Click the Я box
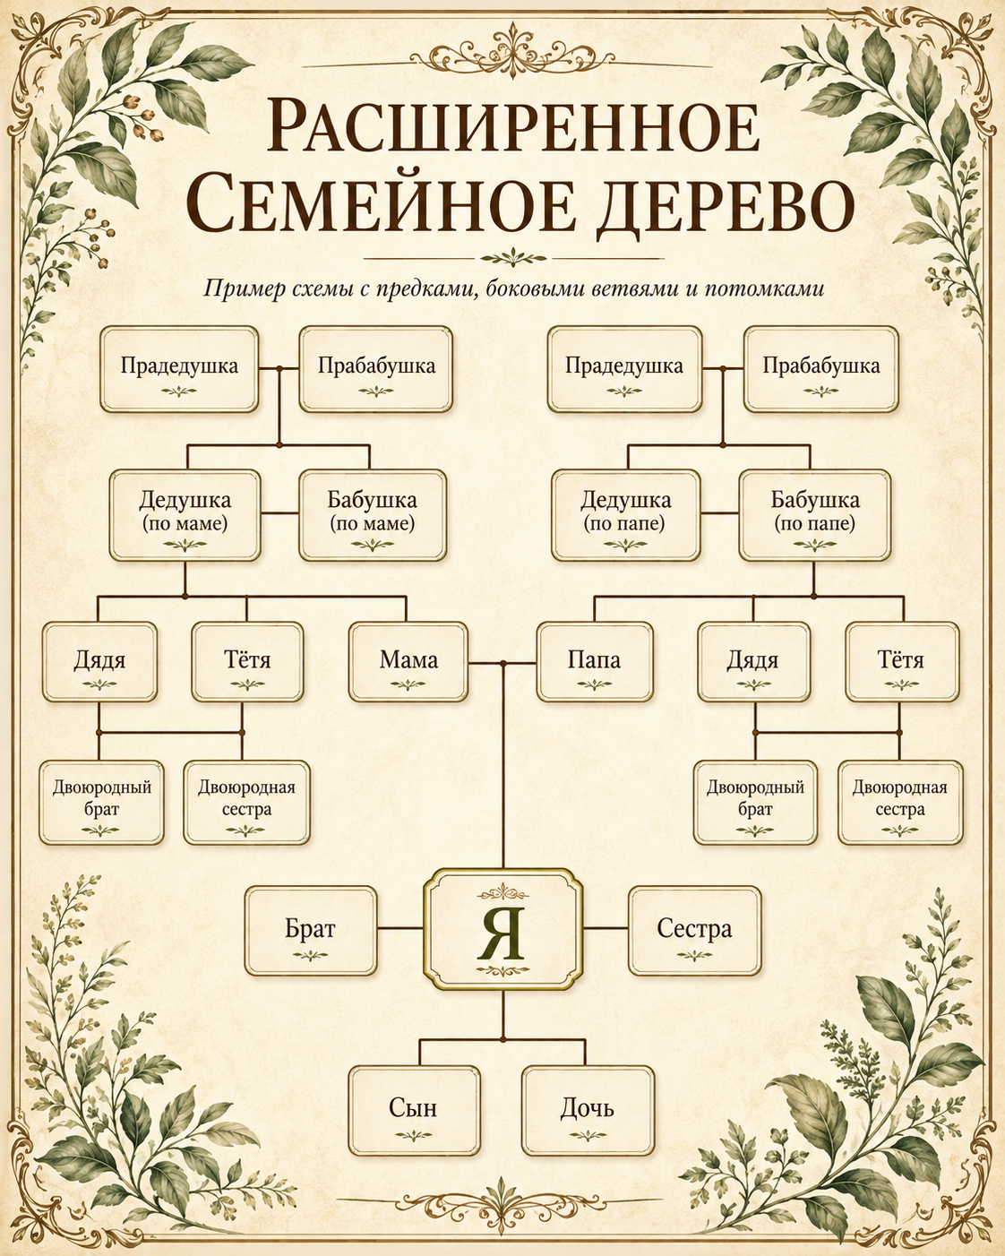coord(503,929)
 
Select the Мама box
coord(408,661)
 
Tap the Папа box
coord(595,661)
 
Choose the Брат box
coord(311,930)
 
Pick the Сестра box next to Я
coord(694,930)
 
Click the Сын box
coord(415,1111)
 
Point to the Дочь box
coord(588,1111)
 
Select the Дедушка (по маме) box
coord(185,515)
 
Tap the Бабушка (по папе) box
coord(815,515)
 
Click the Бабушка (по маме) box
coord(373,515)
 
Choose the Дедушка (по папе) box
coord(625,515)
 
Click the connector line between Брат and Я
coord(399,927)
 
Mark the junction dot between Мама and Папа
coord(502,664)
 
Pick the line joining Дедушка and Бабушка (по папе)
coord(719,513)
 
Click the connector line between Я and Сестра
coord(606,927)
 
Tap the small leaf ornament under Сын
coord(414,1135)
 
